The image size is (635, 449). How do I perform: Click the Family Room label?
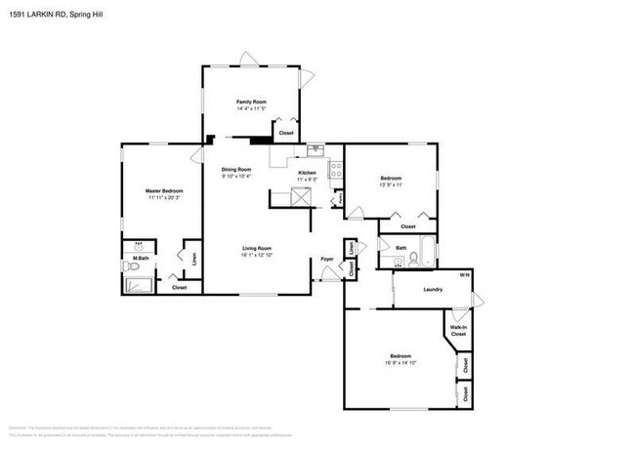(x=251, y=101)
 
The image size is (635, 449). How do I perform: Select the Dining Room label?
(x=236, y=169)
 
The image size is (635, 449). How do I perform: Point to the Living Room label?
(x=257, y=248)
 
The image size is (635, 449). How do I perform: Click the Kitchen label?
(x=307, y=173)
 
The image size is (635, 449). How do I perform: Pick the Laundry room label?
(x=435, y=290)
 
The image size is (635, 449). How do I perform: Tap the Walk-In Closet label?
(x=457, y=330)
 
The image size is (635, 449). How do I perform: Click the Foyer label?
(x=327, y=259)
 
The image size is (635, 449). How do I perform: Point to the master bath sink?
(x=138, y=246)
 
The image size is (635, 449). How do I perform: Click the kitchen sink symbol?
(x=315, y=149)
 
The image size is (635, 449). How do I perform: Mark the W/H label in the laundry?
(x=464, y=274)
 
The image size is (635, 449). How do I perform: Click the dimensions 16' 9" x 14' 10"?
(x=401, y=362)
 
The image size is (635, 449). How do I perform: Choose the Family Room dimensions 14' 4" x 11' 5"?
(x=251, y=108)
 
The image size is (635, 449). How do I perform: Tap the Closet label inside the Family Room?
(x=286, y=133)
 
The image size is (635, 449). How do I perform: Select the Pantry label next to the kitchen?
(x=338, y=199)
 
